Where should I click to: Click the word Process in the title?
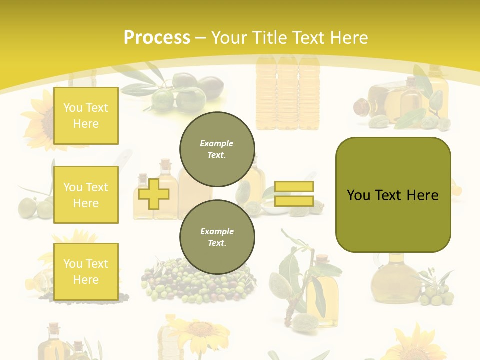157,38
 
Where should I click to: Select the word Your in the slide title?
229,38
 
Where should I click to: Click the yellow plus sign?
153,192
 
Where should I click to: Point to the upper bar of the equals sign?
294,186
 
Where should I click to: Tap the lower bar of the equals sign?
294,201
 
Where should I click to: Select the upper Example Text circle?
217,149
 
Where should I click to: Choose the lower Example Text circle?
217,237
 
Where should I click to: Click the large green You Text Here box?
393,194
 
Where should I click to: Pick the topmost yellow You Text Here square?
86,116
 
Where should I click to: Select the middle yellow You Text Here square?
86,195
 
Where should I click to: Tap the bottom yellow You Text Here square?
86,271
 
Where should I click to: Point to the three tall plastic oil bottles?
287,92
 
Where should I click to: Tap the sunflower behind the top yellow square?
40,120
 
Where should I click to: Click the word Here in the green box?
422,195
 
